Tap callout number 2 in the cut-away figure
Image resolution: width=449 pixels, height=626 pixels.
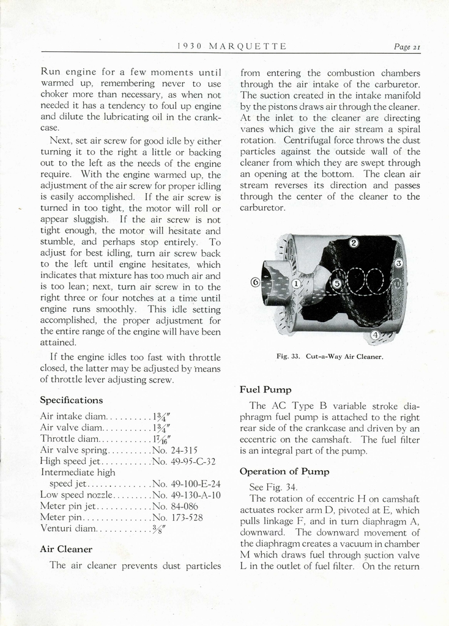(x=354, y=243)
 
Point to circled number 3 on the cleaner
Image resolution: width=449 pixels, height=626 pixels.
(x=398, y=263)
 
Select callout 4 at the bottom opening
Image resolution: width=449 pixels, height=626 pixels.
(x=375, y=335)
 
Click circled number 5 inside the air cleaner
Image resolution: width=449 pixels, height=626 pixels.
(x=336, y=283)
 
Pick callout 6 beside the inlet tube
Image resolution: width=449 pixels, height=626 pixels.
(x=256, y=282)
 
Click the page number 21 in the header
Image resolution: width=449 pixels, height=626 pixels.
(x=407, y=46)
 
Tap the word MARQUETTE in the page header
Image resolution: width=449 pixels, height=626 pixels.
(x=247, y=46)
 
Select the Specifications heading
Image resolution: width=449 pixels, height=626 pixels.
(x=71, y=400)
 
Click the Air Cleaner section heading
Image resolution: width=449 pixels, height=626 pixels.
(x=66, y=549)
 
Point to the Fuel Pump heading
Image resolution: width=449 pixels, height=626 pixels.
(x=265, y=389)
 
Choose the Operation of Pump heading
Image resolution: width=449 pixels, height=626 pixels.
(x=284, y=471)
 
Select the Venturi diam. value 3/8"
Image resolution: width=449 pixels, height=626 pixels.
(x=160, y=529)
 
